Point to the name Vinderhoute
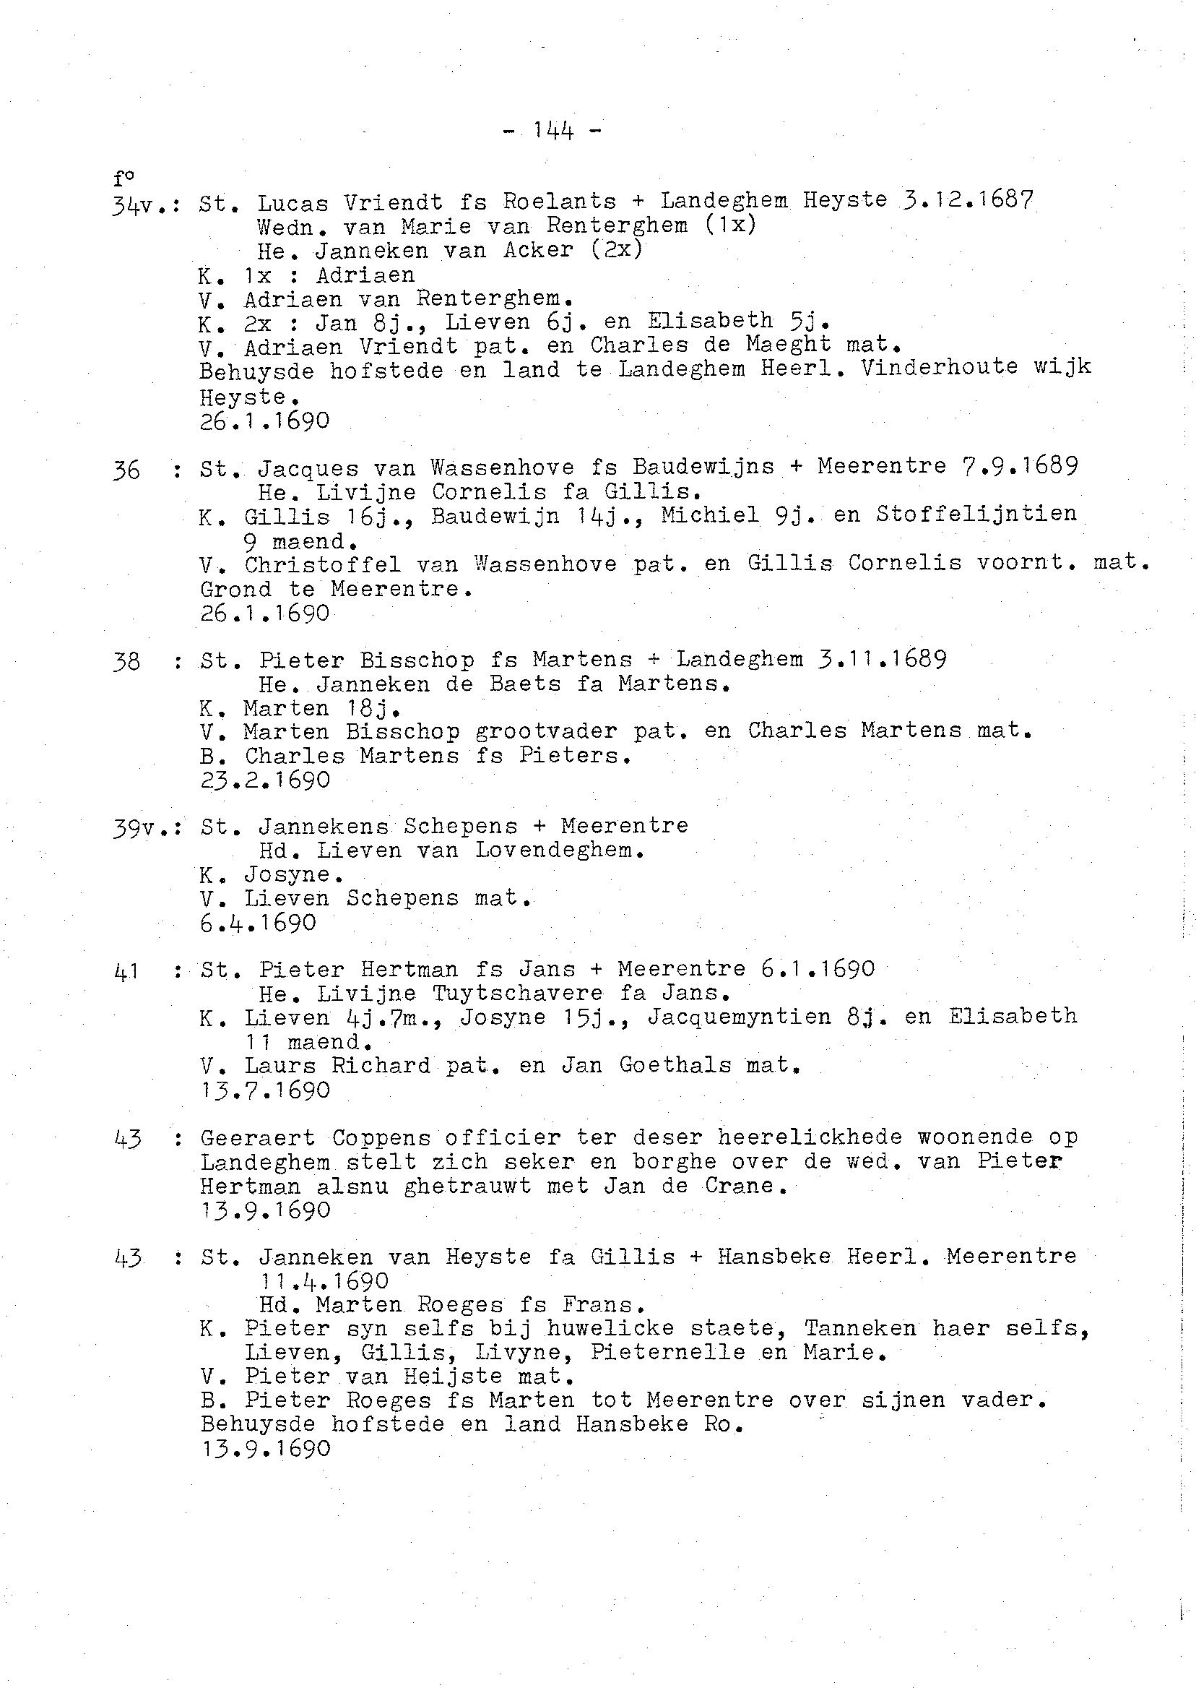938,368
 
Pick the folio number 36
126,471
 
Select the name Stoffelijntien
976,514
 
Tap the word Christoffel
323,565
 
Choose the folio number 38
126,662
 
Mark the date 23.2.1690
265,780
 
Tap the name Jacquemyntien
739,1017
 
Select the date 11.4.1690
324,1280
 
